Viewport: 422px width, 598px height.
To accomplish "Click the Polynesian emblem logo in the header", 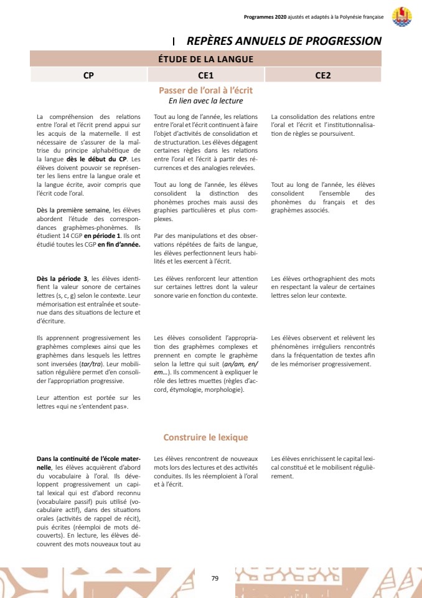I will tap(401, 17).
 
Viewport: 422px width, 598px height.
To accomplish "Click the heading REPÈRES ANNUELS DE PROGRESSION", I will tap(284, 41).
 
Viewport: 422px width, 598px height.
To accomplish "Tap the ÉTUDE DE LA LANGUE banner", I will tap(206, 59).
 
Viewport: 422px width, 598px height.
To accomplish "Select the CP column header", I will tap(89, 75).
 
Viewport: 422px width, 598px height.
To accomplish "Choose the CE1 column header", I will tap(206, 75).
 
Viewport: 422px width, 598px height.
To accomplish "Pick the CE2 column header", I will tap(323, 75).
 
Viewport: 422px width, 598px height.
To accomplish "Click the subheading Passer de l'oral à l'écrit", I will tap(206, 90).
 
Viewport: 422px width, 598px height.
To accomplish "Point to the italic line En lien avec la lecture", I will tap(206, 101).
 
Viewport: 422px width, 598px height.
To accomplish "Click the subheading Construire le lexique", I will tap(206, 437).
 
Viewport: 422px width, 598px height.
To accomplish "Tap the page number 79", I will tap(215, 579).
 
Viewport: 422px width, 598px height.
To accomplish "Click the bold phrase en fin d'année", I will tap(119, 245).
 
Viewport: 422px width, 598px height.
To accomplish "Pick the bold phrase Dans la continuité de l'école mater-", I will tap(88, 459).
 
